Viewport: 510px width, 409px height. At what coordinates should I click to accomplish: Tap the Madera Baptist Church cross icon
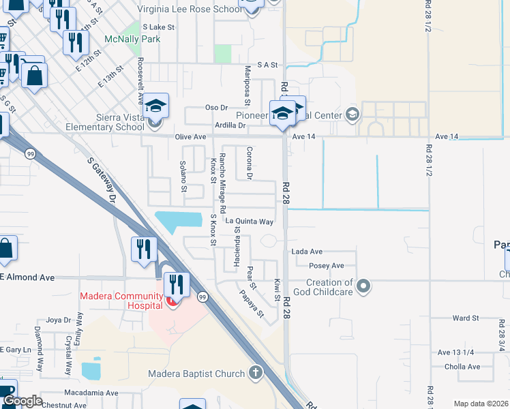256,373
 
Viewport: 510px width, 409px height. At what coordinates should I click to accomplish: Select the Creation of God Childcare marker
363,286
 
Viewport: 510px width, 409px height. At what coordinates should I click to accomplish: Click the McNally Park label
132,39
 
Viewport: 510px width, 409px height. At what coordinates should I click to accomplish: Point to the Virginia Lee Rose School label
190,10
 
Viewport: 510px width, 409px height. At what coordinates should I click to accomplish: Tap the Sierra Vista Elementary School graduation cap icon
155,106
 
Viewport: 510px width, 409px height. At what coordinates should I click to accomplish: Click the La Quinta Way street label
250,222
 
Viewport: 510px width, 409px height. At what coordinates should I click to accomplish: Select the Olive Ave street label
191,137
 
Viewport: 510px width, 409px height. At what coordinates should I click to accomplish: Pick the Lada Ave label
307,252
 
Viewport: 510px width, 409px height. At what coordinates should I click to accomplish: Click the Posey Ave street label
327,265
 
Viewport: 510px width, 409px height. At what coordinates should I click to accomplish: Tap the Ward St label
466,318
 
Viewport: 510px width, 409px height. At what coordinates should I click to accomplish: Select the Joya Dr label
59,320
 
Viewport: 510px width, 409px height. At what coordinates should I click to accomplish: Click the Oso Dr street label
216,108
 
